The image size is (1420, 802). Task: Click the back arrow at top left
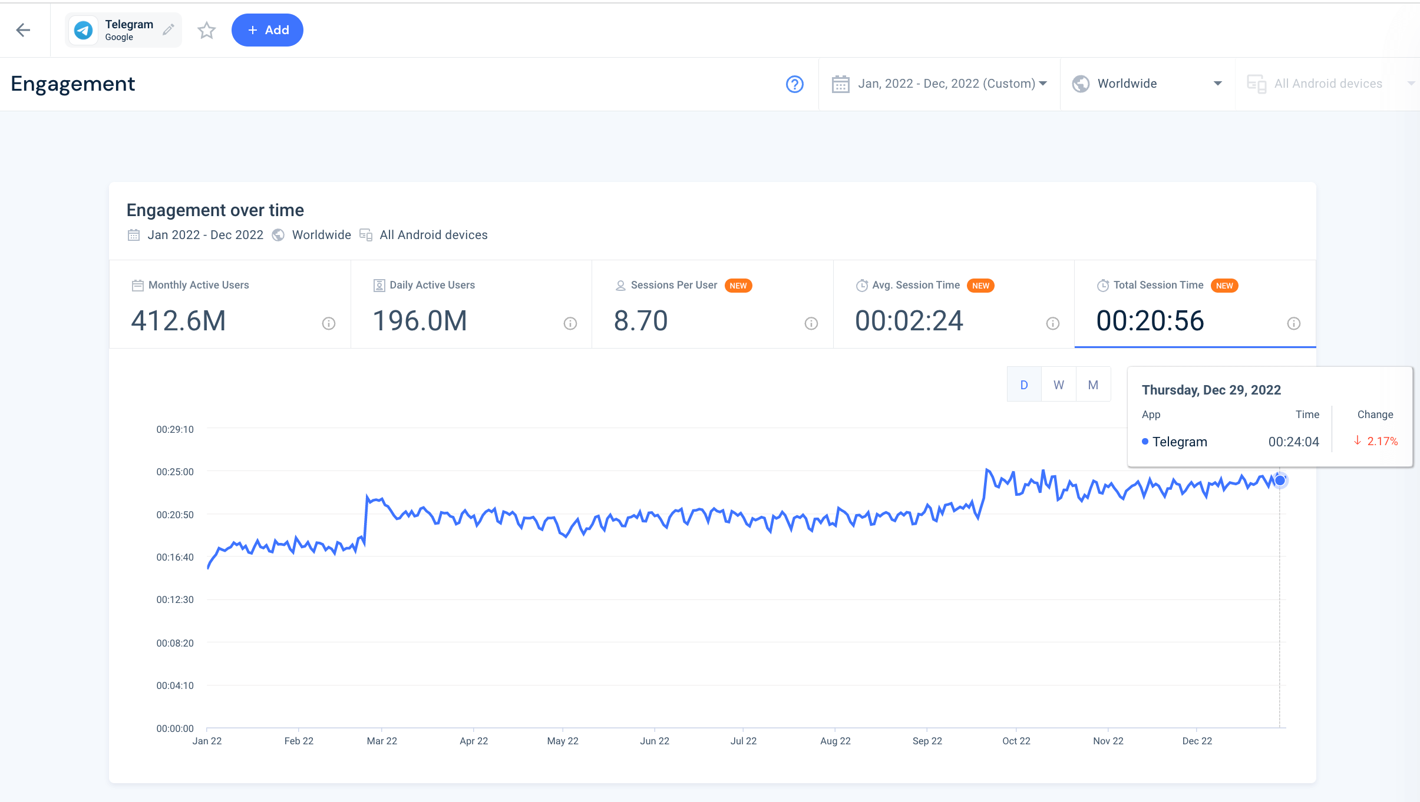[x=23, y=30]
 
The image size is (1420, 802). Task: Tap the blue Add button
[x=268, y=30]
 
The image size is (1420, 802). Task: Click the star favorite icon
[x=206, y=30]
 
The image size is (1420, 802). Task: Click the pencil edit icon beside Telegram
[x=169, y=29]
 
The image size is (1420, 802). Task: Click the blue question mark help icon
[x=794, y=84]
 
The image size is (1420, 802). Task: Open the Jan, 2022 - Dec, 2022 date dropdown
[x=939, y=84]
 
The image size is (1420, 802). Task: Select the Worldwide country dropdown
[x=1147, y=84]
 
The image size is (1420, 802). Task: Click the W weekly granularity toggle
[x=1058, y=385]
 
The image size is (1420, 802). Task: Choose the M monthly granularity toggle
[x=1093, y=385]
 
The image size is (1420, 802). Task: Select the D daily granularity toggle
[x=1024, y=385]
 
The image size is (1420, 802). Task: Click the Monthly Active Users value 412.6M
[x=179, y=321]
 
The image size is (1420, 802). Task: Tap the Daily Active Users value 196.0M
[x=420, y=321]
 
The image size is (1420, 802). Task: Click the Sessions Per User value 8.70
[x=640, y=321]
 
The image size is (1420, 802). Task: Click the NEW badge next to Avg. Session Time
[x=980, y=286]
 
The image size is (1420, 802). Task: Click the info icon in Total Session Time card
[x=1293, y=323]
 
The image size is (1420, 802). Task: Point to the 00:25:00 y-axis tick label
[x=174, y=472]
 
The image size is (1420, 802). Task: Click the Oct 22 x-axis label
[x=1016, y=741]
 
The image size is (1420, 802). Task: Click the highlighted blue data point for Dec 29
[x=1280, y=480]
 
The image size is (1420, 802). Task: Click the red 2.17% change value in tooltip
[x=1382, y=441]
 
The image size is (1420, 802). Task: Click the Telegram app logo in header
[x=84, y=30]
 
